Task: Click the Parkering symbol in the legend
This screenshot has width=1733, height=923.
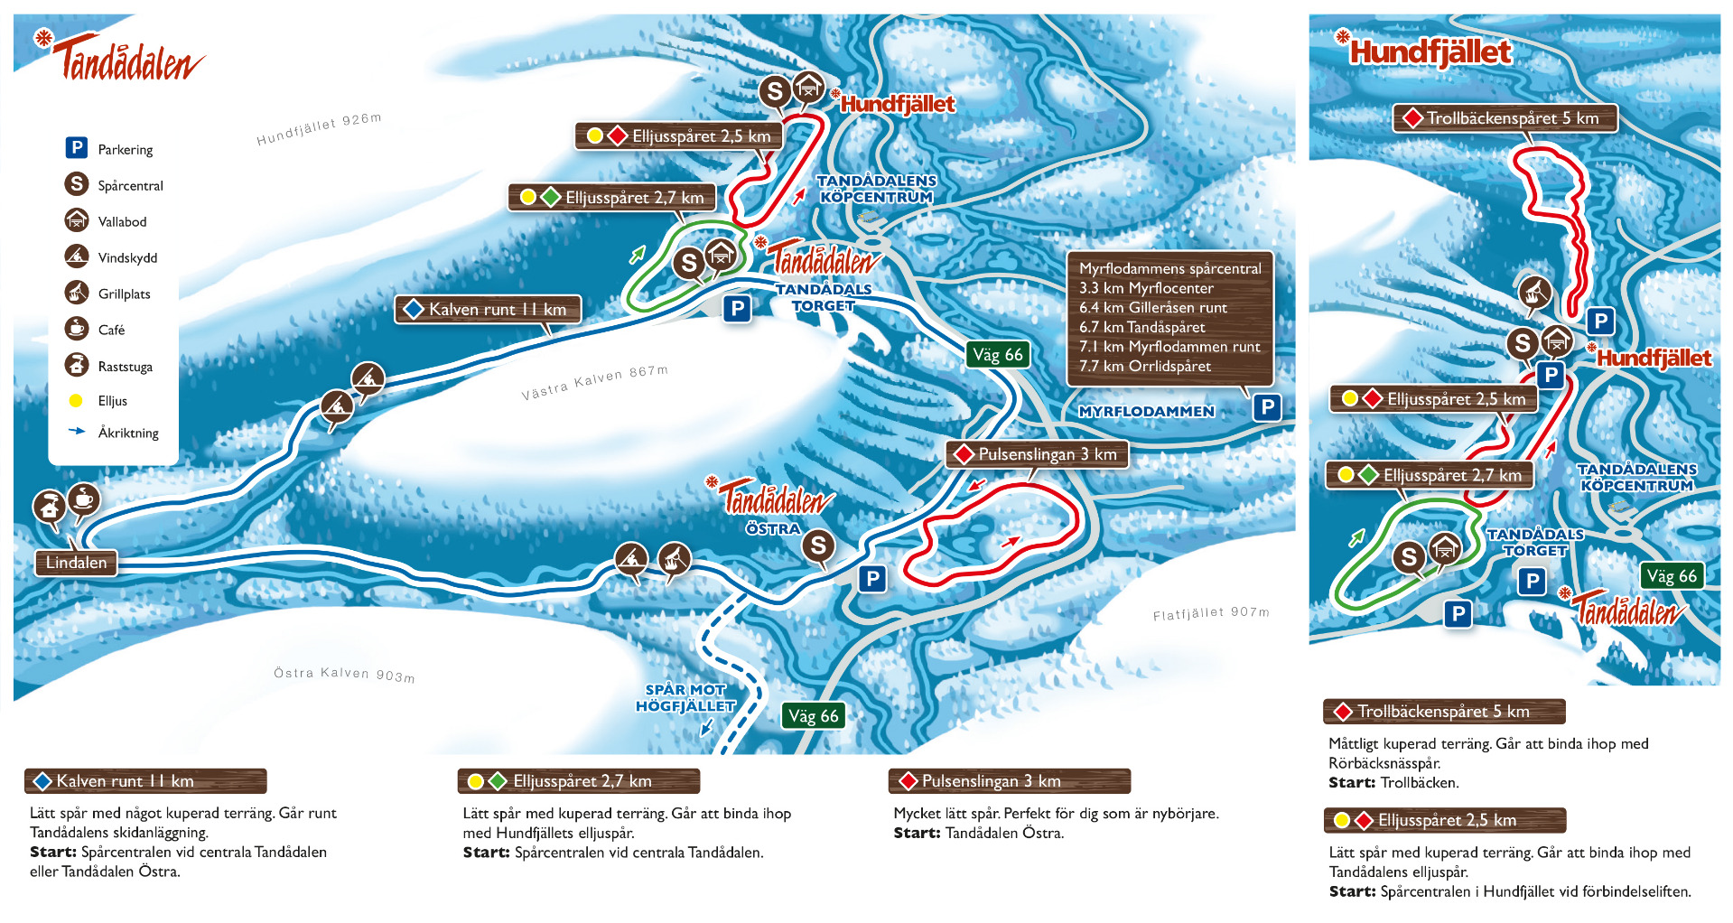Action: tap(76, 148)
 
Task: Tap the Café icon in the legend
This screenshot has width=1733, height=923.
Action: tap(76, 329)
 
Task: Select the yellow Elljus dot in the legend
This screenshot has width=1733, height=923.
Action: tap(76, 400)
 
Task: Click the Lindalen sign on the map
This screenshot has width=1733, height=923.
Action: tap(76, 563)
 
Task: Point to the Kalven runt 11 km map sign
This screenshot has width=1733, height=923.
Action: tap(489, 309)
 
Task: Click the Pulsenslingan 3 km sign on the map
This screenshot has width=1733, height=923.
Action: tap(1038, 453)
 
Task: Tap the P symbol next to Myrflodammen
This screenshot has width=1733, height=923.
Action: tap(1267, 407)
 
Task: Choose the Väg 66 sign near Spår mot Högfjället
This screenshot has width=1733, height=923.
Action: tap(813, 716)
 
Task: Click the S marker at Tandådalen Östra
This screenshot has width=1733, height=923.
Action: tap(818, 545)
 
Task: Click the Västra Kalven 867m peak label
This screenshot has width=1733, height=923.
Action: tap(594, 383)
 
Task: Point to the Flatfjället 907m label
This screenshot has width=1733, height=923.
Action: tap(1210, 614)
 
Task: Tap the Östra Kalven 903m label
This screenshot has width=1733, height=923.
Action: tap(344, 674)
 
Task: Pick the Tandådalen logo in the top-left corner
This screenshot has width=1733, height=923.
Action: tap(122, 58)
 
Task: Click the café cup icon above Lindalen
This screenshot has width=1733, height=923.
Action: tap(83, 499)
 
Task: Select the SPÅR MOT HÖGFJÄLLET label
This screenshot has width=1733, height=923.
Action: tap(685, 698)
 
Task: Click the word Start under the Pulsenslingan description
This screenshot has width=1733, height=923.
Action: tap(917, 833)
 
